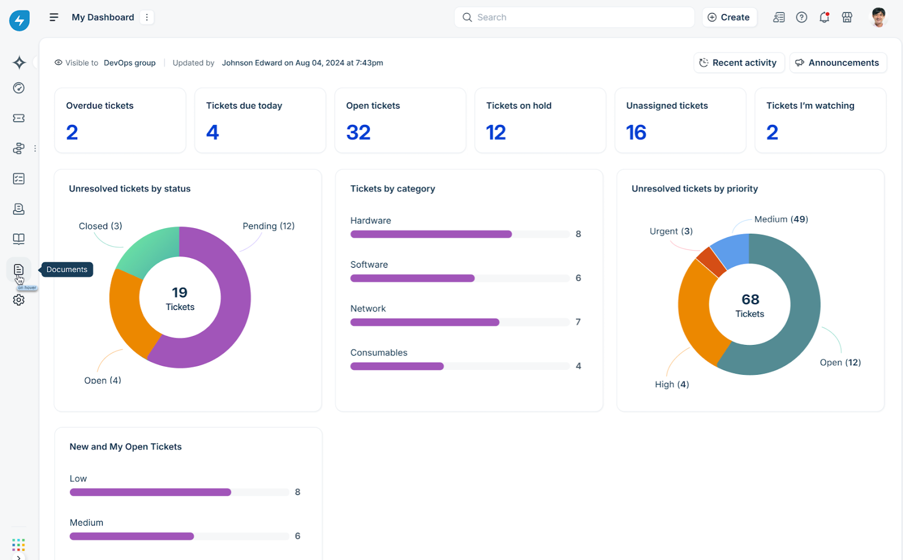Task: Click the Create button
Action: [729, 17]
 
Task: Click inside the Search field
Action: [576, 17]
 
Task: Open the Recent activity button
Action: [738, 63]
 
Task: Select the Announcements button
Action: [838, 63]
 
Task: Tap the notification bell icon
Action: [824, 17]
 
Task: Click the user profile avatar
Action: [878, 17]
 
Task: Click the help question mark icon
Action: [801, 17]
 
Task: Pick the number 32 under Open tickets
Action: [358, 133]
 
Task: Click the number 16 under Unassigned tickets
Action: [636, 133]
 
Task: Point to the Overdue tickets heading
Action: [100, 106]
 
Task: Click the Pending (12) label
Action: [268, 226]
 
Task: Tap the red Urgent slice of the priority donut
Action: [711, 261]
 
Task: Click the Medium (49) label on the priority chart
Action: [781, 219]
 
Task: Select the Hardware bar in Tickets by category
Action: [431, 234]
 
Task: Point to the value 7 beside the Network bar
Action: [578, 322]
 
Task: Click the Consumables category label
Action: [379, 353]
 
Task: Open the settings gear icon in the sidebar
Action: [19, 300]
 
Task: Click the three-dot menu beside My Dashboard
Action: [147, 17]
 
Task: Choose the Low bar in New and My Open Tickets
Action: [150, 492]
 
